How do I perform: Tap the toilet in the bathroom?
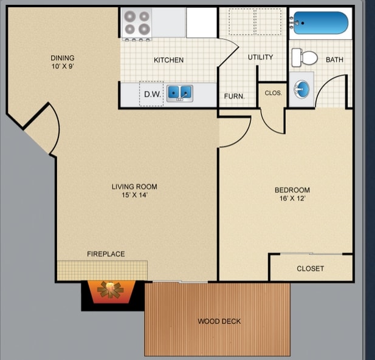(305, 58)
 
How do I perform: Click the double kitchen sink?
(180, 93)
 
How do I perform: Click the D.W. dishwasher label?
(151, 94)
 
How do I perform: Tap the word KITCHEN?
(168, 60)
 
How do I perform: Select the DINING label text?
(63, 58)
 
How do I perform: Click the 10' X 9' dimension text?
(63, 66)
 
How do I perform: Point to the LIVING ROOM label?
(134, 186)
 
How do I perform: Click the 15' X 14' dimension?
(134, 195)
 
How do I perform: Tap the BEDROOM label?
(292, 190)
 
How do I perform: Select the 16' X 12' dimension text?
(292, 199)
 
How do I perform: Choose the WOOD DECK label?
(219, 321)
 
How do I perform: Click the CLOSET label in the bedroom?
(310, 268)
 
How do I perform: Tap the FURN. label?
(234, 96)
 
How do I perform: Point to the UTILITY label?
(260, 57)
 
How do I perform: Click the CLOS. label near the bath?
(272, 93)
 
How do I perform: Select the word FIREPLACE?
(106, 254)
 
